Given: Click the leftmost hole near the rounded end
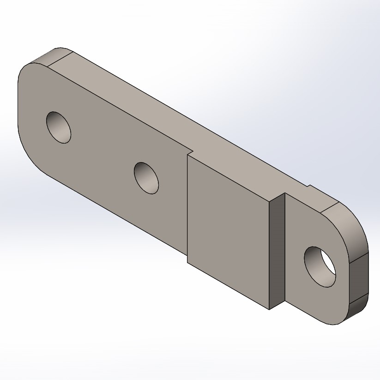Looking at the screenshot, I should [x=59, y=127].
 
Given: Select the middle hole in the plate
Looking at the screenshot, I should [x=146, y=178].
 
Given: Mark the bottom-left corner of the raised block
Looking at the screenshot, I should [x=187, y=263].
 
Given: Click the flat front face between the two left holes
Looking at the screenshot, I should [x=102, y=152].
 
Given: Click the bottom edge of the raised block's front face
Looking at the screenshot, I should [x=229, y=286].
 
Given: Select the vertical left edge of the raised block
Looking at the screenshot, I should [x=187, y=208].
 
